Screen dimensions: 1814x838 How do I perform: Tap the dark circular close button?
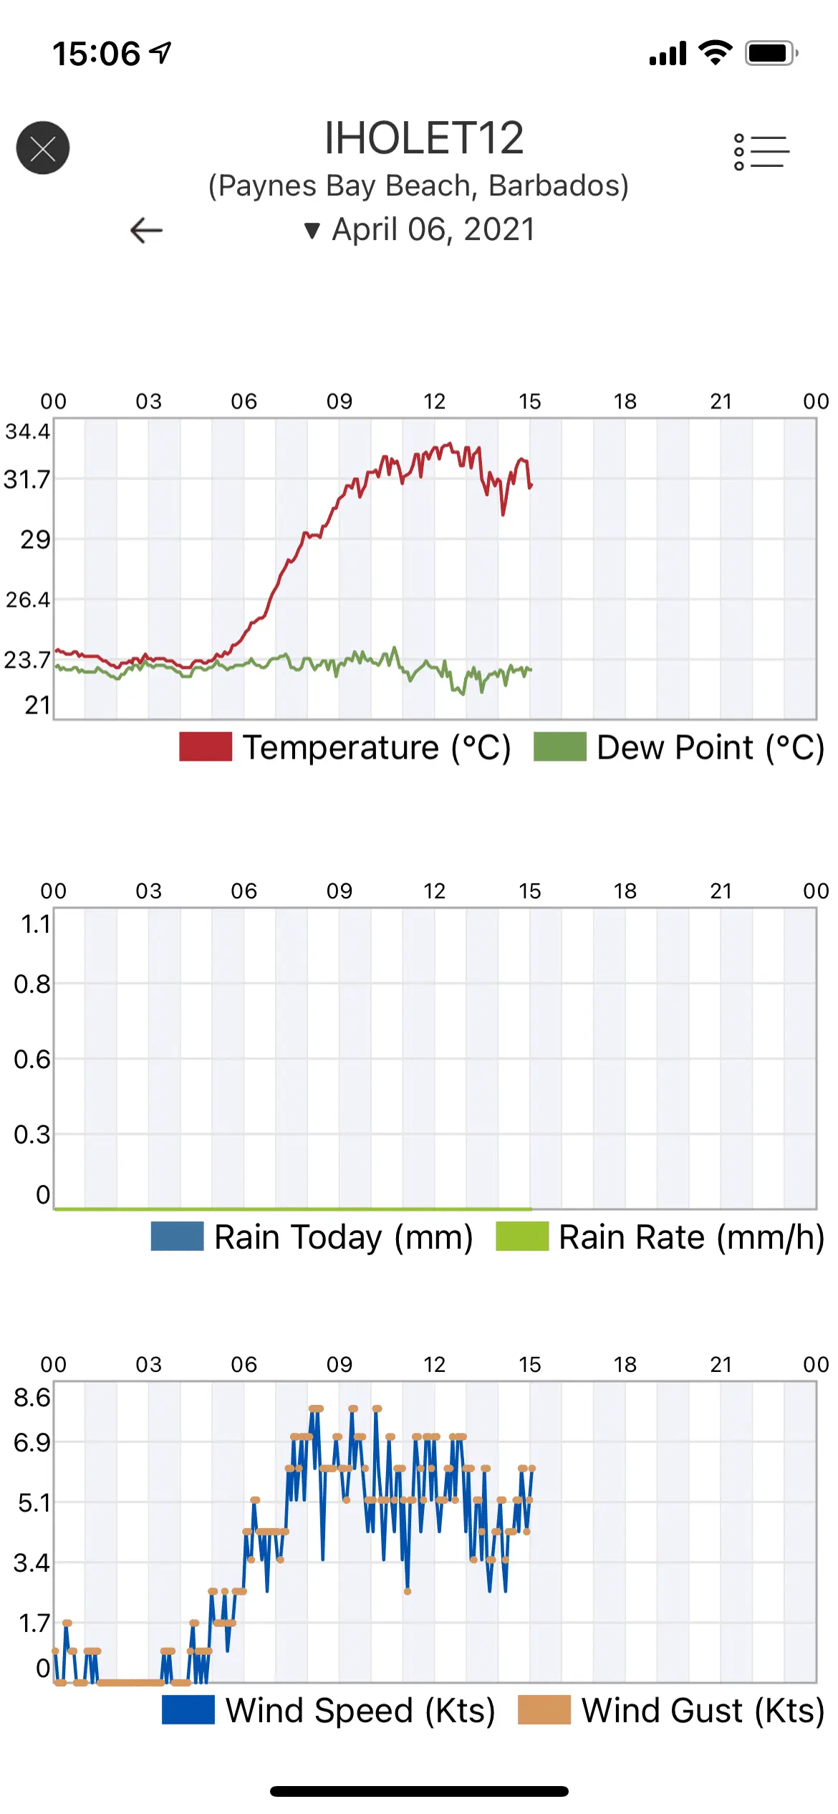[43, 148]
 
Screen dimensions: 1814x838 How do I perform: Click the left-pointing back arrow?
[147, 230]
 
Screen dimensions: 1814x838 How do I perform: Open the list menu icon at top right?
[761, 152]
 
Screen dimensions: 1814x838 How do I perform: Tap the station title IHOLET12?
[424, 138]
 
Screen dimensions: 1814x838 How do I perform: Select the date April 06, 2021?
[433, 230]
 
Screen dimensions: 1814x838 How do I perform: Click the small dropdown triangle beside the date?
[312, 231]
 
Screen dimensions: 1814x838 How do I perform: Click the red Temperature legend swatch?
[206, 747]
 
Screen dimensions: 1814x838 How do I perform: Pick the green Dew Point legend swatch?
[559, 747]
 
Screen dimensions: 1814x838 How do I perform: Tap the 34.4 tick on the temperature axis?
[28, 431]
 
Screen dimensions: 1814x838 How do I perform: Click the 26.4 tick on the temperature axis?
[28, 599]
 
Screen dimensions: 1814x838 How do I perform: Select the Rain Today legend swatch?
[177, 1237]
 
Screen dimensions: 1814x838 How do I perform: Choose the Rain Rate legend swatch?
[522, 1237]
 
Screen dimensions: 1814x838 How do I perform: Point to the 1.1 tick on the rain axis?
[35, 924]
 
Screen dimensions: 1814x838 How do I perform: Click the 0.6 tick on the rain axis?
[32, 1059]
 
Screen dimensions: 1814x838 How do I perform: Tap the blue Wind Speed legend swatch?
[188, 1710]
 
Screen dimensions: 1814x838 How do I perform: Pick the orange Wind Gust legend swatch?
[544, 1710]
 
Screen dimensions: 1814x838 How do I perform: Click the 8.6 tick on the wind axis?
[32, 1397]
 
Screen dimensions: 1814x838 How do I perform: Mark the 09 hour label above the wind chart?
[339, 1364]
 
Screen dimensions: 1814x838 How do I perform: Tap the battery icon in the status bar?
[771, 53]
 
